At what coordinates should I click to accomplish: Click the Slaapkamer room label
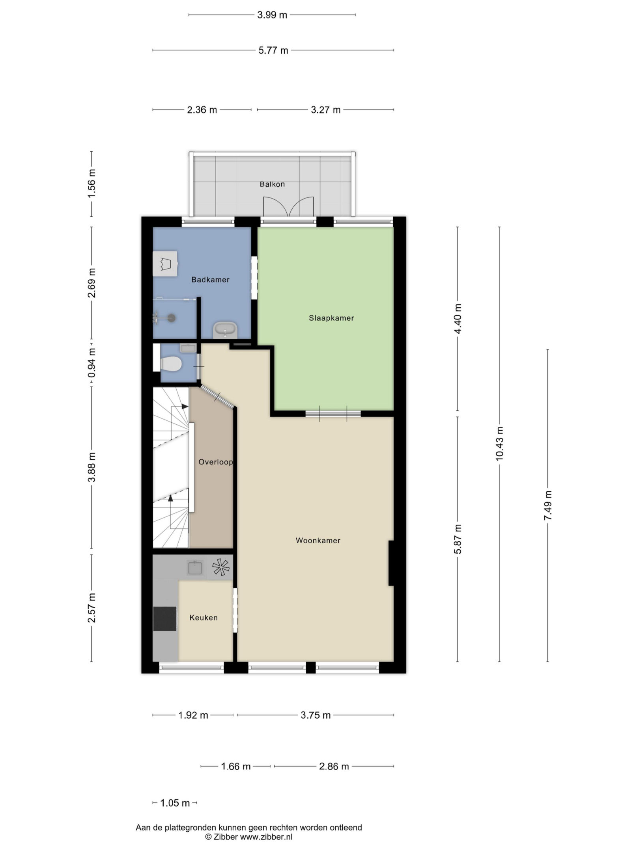(x=331, y=318)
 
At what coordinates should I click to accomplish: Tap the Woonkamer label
(x=318, y=541)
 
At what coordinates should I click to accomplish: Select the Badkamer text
(x=210, y=280)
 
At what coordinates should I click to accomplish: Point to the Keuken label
(x=204, y=618)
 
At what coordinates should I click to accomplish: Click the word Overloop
(x=215, y=462)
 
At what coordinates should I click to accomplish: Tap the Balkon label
(x=272, y=184)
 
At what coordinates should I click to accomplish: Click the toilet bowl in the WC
(x=171, y=364)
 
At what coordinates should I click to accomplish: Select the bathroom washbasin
(x=225, y=330)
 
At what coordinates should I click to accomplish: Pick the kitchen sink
(x=195, y=568)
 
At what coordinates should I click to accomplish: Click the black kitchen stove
(x=165, y=619)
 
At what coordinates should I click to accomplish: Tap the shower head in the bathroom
(x=172, y=317)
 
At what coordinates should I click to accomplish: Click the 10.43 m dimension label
(x=499, y=443)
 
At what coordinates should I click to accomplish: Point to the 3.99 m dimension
(x=272, y=15)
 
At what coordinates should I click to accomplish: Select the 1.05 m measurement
(x=175, y=803)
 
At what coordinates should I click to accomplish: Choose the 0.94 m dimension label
(x=92, y=362)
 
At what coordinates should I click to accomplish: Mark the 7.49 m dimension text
(x=548, y=505)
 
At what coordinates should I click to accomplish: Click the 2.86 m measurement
(x=334, y=766)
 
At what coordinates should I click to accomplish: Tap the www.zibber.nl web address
(x=266, y=837)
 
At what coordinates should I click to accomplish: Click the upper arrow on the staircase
(x=185, y=406)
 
